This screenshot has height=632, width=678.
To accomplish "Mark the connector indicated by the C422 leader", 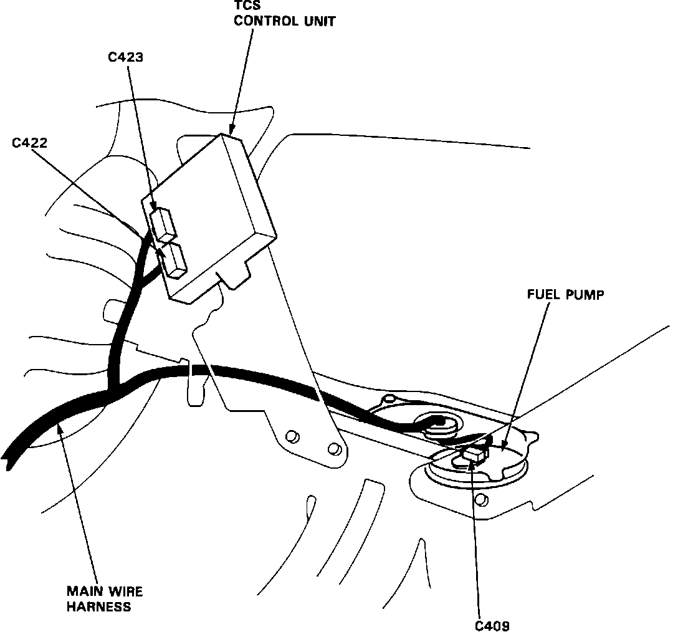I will [x=174, y=261].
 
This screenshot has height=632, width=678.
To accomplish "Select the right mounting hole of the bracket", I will [x=335, y=447].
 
